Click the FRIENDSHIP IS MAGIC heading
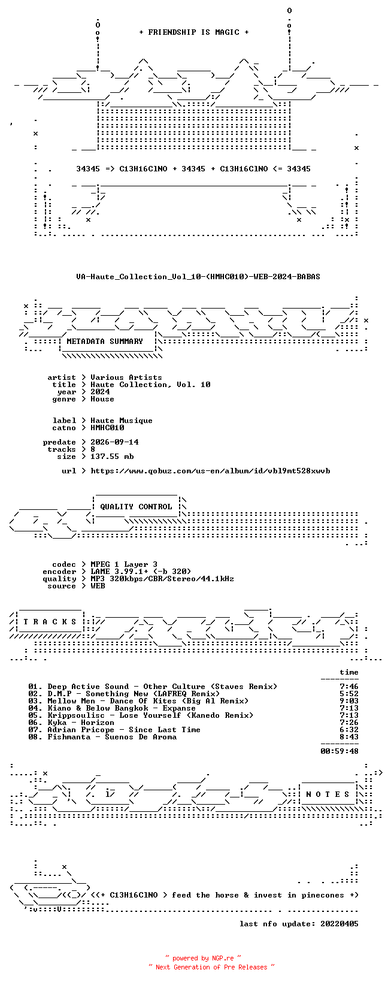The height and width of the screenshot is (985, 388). pos(194,32)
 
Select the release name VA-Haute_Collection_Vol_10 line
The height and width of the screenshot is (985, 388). pos(198,277)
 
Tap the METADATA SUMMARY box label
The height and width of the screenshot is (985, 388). pos(105,342)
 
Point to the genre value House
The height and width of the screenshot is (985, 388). pos(102,399)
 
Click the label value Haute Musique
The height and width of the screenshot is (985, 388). pos(122,421)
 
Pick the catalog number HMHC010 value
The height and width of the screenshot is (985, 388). pos(107,427)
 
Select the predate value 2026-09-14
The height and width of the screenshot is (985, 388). pos(114,442)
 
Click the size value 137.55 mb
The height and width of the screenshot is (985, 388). pos(112,457)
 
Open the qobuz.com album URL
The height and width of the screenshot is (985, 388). pos(210,471)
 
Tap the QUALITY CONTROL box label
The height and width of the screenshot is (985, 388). pos(136,506)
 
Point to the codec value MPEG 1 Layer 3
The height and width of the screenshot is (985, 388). pos(124,564)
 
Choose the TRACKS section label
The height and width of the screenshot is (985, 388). pos(50,622)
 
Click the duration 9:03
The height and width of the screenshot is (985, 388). pos(349,701)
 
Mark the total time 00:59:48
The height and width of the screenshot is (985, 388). pos(339,751)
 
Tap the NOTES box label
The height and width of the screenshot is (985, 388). pos(328,794)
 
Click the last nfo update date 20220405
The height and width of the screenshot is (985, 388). pos(339,924)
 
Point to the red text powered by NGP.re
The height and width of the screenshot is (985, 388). pos(203,958)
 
